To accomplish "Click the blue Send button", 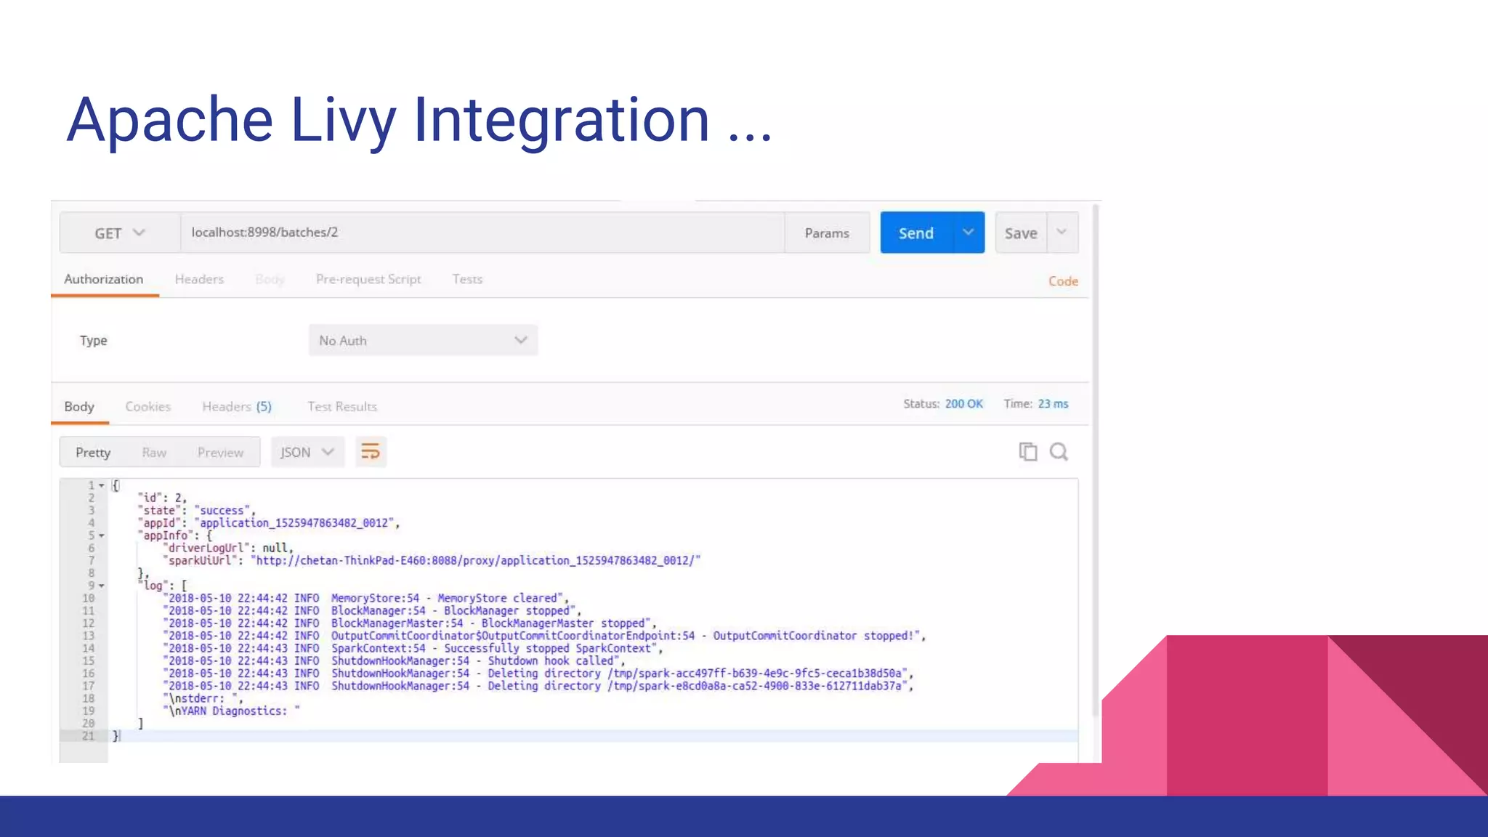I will (x=916, y=233).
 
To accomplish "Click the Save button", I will (x=1020, y=233).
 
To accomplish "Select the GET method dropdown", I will (x=120, y=233).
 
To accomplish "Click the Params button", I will (x=827, y=233).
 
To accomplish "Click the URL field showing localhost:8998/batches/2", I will (x=480, y=232).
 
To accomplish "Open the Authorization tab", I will (x=103, y=279).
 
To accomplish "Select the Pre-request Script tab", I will (x=368, y=279).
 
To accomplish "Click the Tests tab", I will (x=467, y=279).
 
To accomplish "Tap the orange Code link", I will (x=1063, y=281).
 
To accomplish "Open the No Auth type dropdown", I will (x=423, y=341).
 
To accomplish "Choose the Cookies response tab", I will (x=147, y=407).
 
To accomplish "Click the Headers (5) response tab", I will (x=237, y=407).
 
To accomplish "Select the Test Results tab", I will (x=342, y=407).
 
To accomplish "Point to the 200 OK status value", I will (x=963, y=404).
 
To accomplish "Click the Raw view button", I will (x=154, y=453).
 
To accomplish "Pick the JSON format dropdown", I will (x=307, y=453).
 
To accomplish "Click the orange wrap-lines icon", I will (x=371, y=452).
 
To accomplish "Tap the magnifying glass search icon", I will (x=1059, y=452).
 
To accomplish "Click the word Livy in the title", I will (x=343, y=120).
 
